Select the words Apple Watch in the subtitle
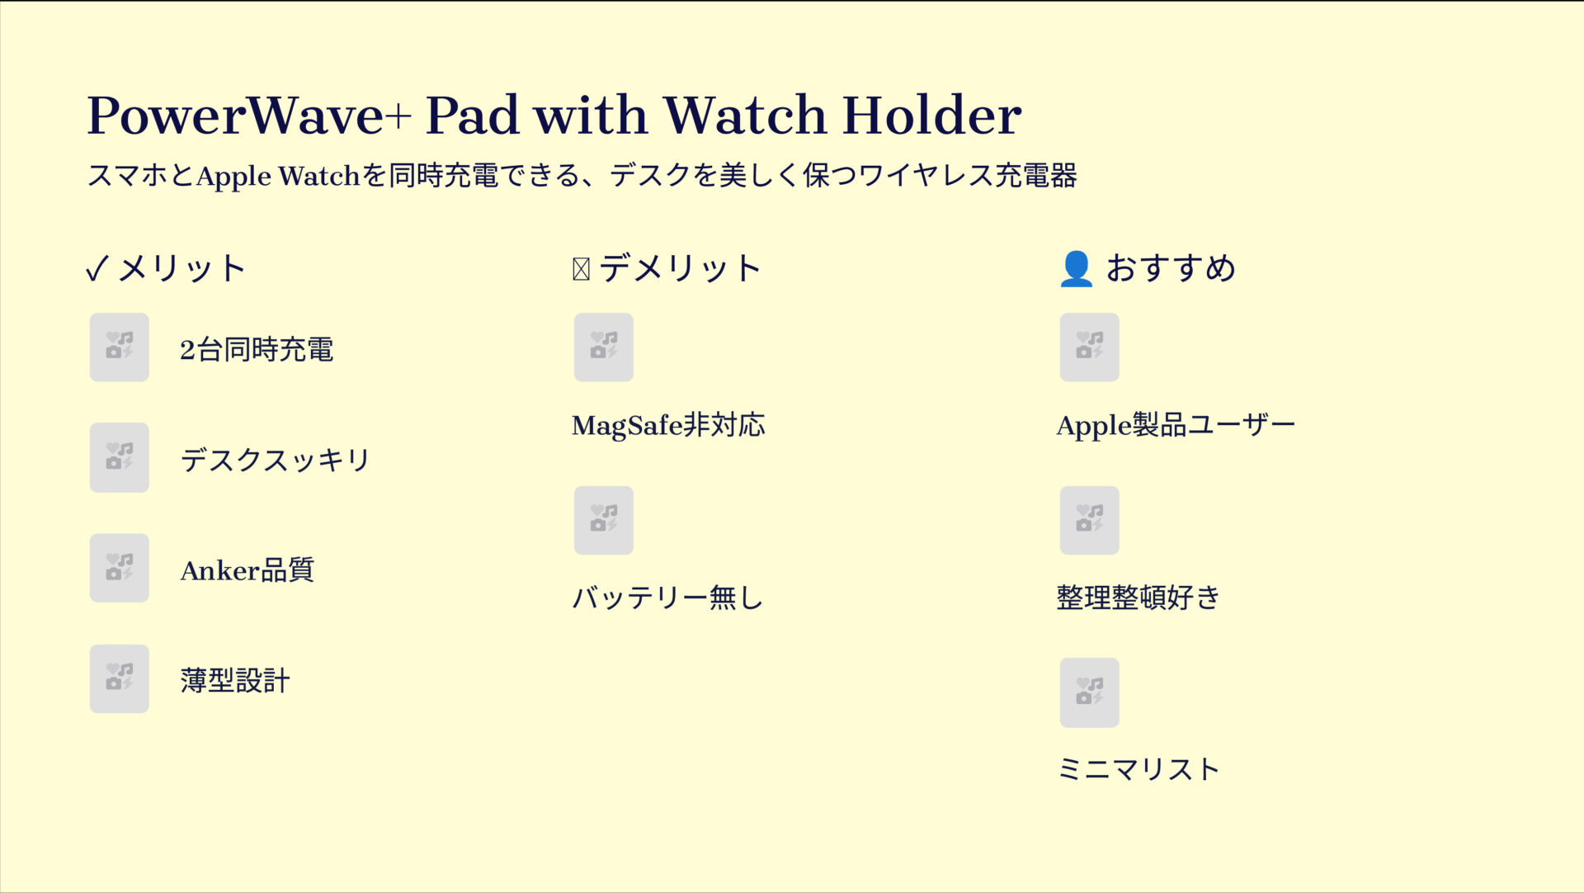click(x=278, y=176)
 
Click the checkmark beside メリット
click(x=97, y=269)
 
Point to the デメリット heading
click(x=680, y=269)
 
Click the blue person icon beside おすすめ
click(x=1076, y=269)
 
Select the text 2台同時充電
click(x=257, y=350)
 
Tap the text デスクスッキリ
click(x=276, y=460)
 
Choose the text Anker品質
click(x=247, y=570)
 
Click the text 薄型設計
click(x=235, y=681)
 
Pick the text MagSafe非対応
click(x=668, y=426)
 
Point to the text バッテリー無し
click(x=668, y=598)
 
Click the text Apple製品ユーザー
click(x=1176, y=426)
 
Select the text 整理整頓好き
click(x=1138, y=598)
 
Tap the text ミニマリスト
click(x=1138, y=769)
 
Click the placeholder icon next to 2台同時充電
click(x=120, y=347)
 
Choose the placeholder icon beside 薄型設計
click(x=120, y=679)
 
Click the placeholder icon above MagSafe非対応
click(x=604, y=347)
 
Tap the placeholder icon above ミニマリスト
click(x=1089, y=692)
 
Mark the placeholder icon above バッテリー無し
click(x=604, y=521)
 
